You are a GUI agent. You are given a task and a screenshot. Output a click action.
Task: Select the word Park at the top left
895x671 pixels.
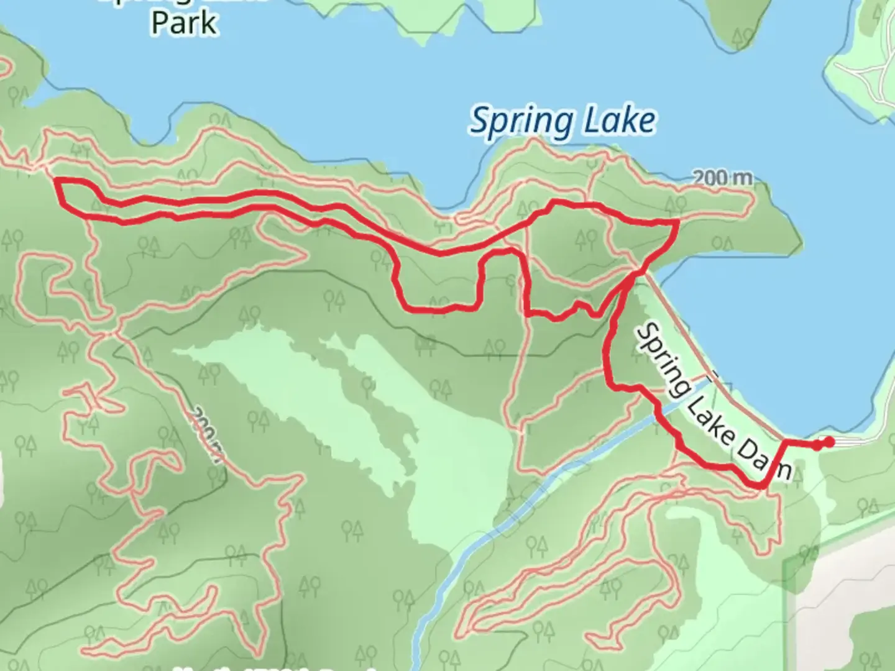coord(185,23)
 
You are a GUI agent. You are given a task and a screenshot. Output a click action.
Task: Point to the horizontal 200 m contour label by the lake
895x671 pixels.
coord(722,178)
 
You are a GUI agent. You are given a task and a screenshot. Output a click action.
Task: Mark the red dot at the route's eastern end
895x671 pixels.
coord(828,442)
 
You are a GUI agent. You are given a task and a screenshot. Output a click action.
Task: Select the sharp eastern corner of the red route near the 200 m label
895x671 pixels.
coord(676,221)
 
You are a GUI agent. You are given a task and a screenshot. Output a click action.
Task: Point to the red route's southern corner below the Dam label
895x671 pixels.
coord(762,485)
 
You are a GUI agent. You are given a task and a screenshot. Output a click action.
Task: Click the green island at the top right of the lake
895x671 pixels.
coord(736,25)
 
